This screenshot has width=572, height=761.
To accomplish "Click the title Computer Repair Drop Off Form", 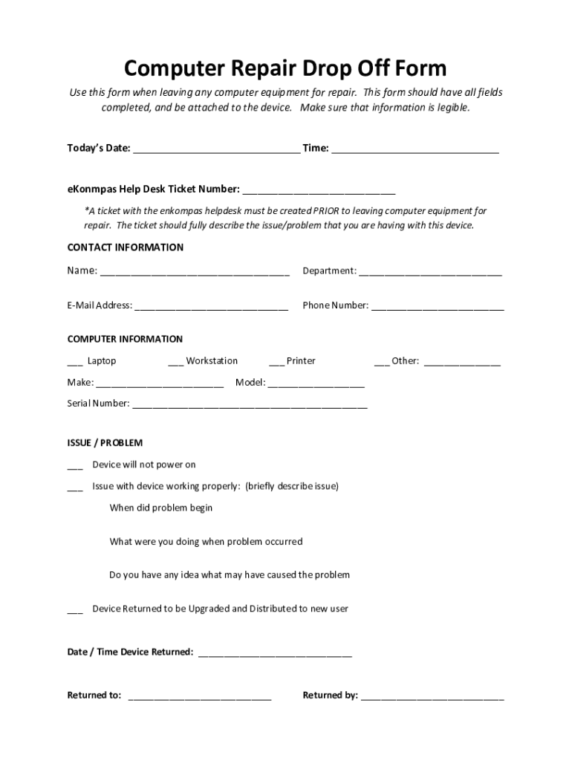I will coord(285,68).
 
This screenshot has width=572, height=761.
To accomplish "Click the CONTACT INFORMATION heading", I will coord(126,247).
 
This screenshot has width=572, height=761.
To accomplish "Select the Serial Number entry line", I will coord(250,406).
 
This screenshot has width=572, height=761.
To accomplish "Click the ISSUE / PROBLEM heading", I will coord(105,443).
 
